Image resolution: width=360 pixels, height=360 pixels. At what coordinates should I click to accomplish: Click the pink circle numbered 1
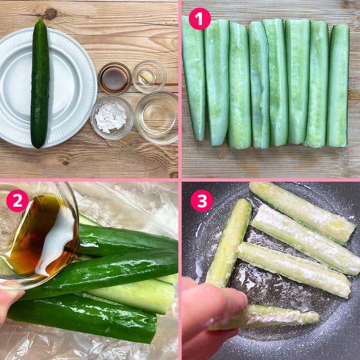tap(200, 19)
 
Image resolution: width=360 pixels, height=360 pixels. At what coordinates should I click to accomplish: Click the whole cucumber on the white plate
tap(40, 84)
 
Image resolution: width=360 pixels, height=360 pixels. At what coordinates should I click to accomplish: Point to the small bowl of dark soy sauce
tap(115, 78)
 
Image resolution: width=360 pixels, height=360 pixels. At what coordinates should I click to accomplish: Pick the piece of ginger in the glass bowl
tap(147, 76)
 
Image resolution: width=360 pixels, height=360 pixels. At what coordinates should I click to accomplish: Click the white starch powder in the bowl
tap(111, 117)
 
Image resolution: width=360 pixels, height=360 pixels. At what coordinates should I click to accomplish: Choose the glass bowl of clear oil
tap(157, 118)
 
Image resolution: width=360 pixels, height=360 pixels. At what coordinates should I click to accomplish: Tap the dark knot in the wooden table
tap(51, 14)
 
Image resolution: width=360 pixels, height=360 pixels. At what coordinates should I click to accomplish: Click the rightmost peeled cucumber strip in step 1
tap(338, 85)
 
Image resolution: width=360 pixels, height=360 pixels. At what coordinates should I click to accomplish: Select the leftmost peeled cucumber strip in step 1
tap(193, 78)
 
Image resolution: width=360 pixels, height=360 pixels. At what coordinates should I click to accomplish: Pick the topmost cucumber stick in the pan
tap(302, 212)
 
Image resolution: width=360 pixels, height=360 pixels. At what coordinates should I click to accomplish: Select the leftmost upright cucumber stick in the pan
tap(228, 243)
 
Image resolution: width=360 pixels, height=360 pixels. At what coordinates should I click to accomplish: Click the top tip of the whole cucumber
tap(41, 19)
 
